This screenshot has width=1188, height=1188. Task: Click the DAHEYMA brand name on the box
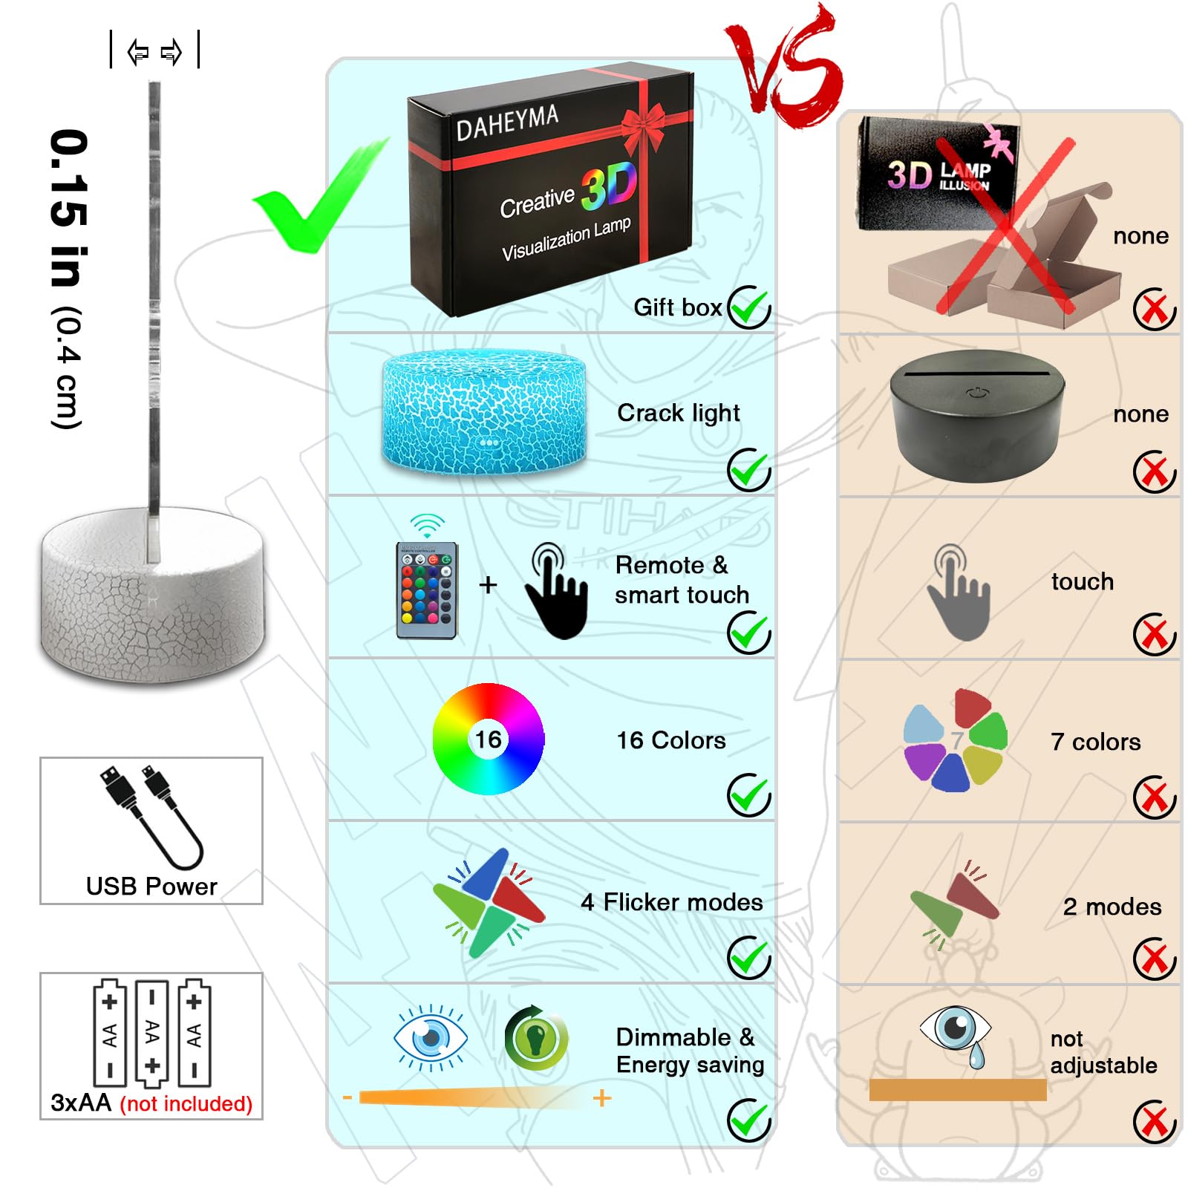(507, 123)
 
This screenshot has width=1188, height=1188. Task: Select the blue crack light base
(484, 412)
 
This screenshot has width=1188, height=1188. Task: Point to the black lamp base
(978, 416)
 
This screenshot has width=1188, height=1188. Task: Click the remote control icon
(427, 590)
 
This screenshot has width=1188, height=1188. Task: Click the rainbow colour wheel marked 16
(489, 739)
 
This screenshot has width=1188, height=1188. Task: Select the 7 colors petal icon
(956, 740)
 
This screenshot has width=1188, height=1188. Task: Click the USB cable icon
(151, 817)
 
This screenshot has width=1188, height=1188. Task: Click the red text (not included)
(186, 1103)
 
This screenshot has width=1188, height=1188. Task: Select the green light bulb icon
(536, 1037)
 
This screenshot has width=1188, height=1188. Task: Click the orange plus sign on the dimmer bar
(602, 1097)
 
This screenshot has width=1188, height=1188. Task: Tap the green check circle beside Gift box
(749, 307)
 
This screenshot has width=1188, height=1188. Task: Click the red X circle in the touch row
(1155, 635)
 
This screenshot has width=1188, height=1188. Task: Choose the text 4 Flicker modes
(672, 902)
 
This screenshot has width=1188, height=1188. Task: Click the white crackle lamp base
(152, 594)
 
